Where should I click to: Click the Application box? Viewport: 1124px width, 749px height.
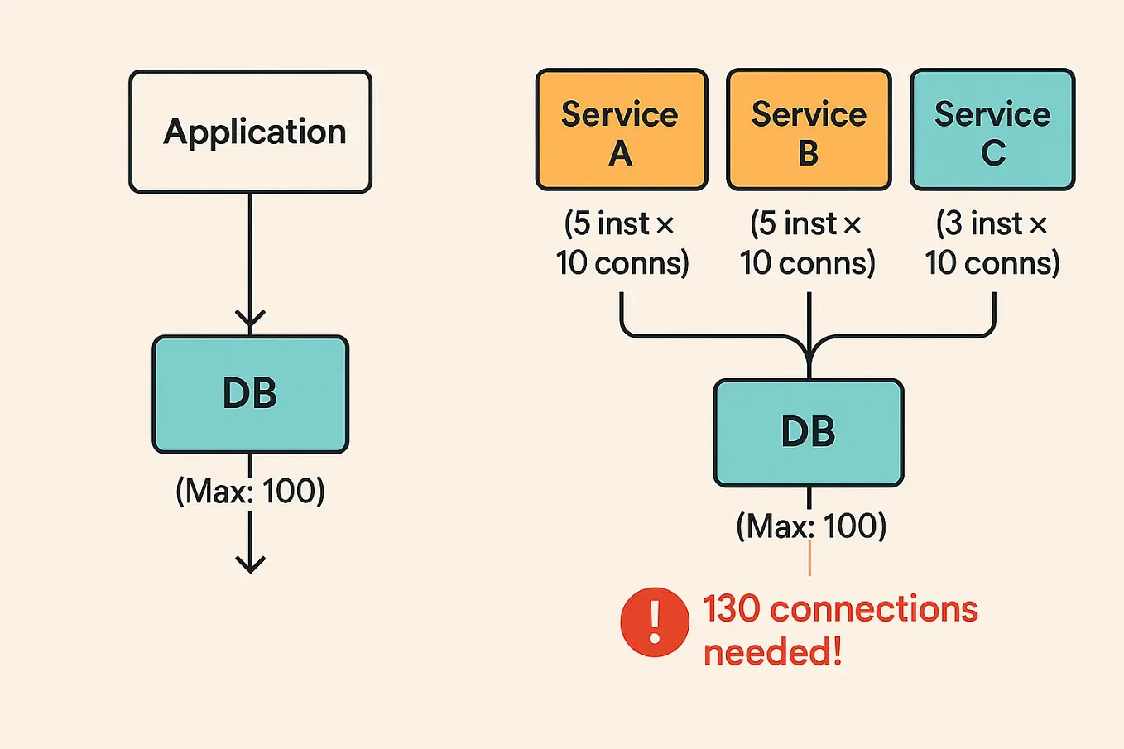click(x=250, y=132)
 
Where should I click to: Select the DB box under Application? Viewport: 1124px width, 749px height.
click(x=250, y=394)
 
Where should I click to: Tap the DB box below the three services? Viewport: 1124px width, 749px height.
click(x=808, y=432)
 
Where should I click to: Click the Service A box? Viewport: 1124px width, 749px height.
click(x=621, y=130)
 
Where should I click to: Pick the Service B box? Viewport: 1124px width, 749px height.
click(x=809, y=130)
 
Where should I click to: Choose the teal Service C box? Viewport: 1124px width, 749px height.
click(x=992, y=130)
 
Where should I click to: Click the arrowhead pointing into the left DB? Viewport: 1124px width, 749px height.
click(x=250, y=319)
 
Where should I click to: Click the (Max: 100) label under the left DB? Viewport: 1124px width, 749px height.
click(x=250, y=491)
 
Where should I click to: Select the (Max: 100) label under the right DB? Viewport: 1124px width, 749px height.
click(x=810, y=526)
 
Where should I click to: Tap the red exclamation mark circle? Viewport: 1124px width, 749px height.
click(x=654, y=622)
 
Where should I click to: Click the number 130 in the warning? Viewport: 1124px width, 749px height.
click(x=731, y=609)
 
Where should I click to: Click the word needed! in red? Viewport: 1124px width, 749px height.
click(x=772, y=652)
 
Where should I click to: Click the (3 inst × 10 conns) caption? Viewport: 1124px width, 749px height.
click(x=992, y=242)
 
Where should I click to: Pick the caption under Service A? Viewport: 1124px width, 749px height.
click(x=622, y=242)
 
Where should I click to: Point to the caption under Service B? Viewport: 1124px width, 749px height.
click(x=807, y=242)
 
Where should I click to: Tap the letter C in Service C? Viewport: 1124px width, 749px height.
click(x=993, y=153)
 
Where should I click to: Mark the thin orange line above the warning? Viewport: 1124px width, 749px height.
click(x=809, y=559)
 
